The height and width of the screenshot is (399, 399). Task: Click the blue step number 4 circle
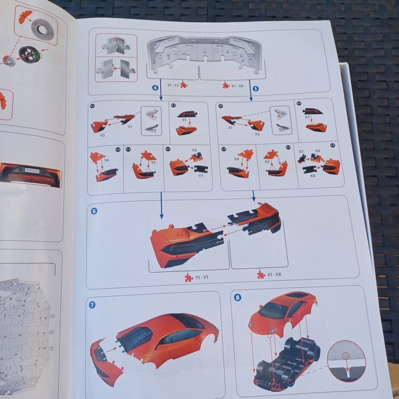tap(155, 88)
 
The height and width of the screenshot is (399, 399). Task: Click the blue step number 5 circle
tap(255, 89)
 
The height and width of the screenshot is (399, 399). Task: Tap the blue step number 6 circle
tap(94, 210)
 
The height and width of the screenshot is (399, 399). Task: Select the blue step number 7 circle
tap(92, 304)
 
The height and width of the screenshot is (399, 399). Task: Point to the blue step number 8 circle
tap(238, 298)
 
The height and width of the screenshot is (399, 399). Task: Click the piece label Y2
tap(103, 136)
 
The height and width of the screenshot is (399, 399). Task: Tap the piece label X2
tap(258, 134)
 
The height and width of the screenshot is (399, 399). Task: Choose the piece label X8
tap(312, 176)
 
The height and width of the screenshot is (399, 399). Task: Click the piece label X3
tap(307, 117)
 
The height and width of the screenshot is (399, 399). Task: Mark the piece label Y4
tap(107, 160)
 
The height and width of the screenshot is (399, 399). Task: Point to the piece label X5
tap(267, 162)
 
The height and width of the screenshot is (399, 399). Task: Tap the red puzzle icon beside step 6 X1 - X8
tap(260, 275)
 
